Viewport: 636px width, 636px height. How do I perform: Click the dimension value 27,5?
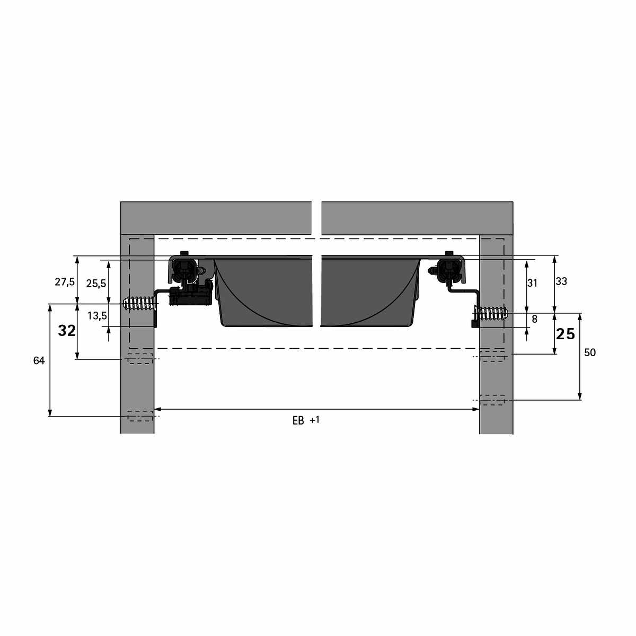65,282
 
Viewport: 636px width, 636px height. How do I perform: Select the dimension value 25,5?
96,283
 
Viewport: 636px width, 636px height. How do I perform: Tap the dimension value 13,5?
97,316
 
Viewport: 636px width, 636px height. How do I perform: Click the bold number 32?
67,331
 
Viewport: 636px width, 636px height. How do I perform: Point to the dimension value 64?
39,361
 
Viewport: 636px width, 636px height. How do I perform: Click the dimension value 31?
532,283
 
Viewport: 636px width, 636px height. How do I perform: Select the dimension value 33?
561,281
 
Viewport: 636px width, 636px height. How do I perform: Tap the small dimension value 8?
535,319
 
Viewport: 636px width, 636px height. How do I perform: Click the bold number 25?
566,334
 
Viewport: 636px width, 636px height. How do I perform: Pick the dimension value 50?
590,352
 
